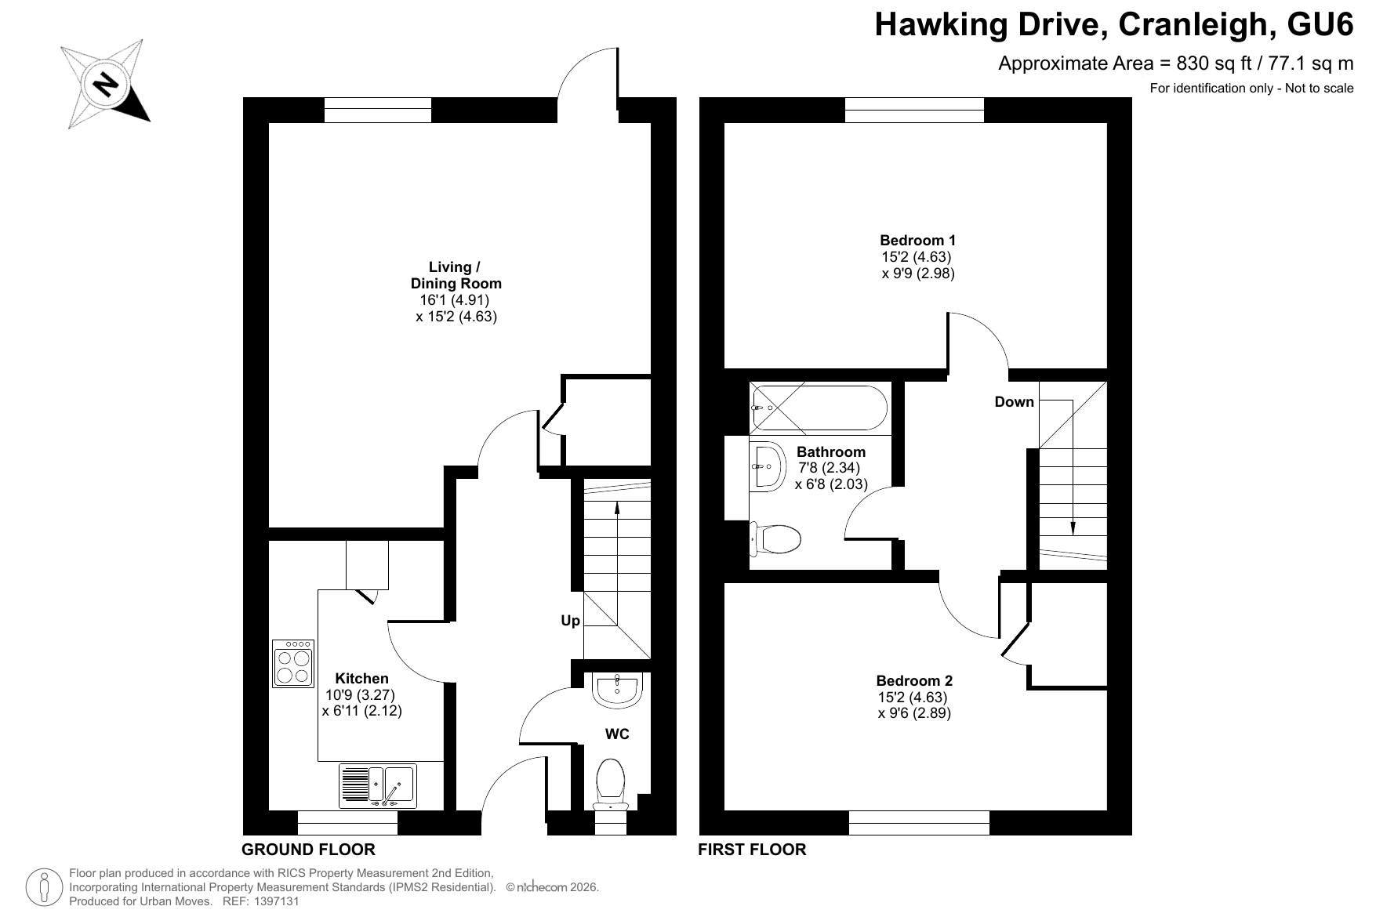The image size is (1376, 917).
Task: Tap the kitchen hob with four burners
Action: click(x=293, y=664)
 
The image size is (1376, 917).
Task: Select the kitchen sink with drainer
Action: click(x=378, y=786)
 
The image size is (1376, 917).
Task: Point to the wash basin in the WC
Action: click(x=618, y=688)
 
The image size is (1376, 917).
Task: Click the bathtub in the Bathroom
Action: click(x=819, y=408)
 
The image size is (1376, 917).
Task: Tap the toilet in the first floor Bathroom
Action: click(x=776, y=539)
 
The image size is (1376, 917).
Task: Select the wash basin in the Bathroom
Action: click(x=768, y=466)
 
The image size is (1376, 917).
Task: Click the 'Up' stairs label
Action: click(x=570, y=621)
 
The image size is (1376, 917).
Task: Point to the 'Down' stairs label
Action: click(x=1015, y=402)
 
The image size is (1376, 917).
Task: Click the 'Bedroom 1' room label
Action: click(x=917, y=241)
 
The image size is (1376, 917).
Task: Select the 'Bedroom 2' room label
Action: click(x=914, y=681)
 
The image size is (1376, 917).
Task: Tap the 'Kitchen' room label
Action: click(x=361, y=679)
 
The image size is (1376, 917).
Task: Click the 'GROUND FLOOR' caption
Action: click(x=308, y=850)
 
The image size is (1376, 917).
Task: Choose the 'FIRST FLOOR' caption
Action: click(x=752, y=850)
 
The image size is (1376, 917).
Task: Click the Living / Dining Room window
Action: click(x=378, y=111)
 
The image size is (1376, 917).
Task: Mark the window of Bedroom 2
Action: click(x=919, y=823)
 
